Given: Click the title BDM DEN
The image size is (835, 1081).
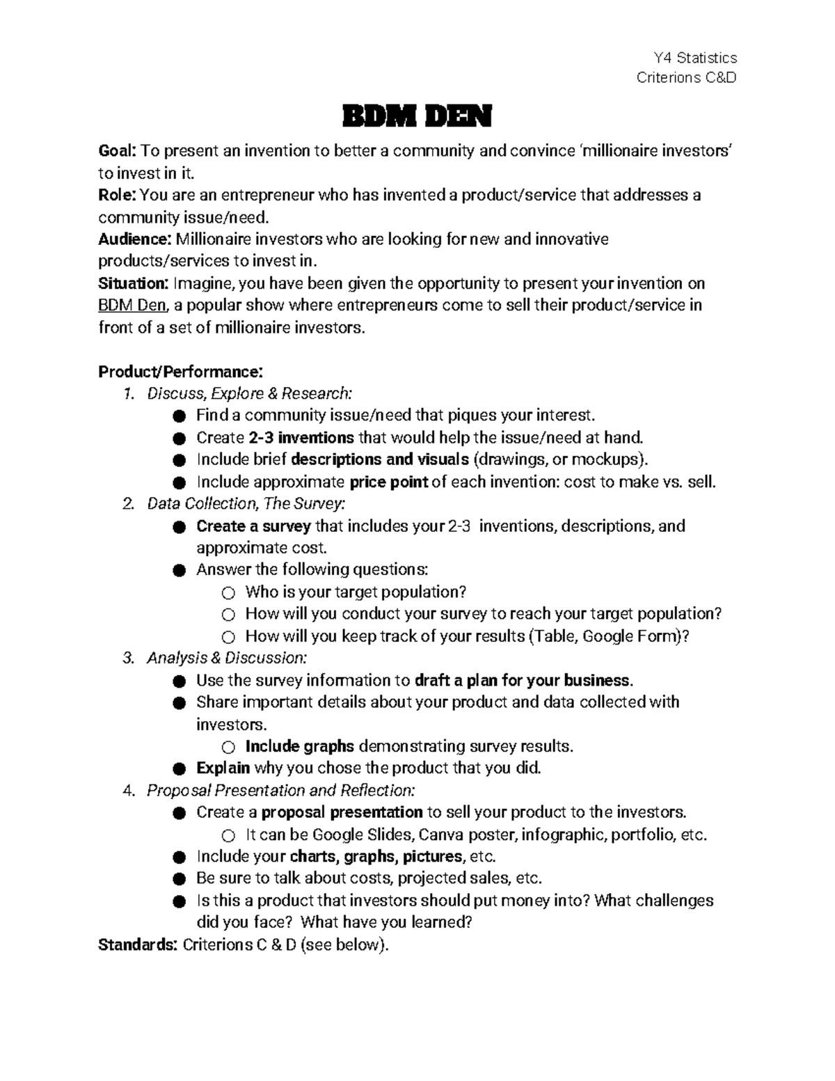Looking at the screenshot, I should coord(417,117).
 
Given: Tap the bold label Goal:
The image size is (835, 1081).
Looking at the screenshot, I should coord(118,151).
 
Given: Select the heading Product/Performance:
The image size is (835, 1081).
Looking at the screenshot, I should coord(180,372).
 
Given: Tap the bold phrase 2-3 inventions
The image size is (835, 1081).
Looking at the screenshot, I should coord(301,438).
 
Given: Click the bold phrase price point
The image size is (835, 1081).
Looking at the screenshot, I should coord(388,482).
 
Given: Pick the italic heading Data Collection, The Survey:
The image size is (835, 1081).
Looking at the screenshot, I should coord(246,503).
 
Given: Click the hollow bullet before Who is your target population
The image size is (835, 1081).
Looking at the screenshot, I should coord(228,593).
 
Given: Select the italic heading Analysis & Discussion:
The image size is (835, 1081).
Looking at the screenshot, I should coord(226,658).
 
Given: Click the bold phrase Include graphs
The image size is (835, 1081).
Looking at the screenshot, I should coord(300,746).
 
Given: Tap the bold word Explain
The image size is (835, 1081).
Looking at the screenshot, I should coord(223,768).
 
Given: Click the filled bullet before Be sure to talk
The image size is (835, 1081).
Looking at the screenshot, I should coord(180,879).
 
